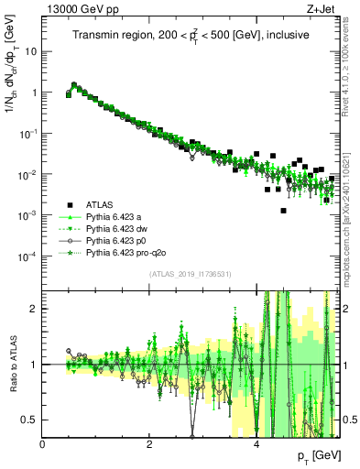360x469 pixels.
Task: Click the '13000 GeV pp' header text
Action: (74, 9)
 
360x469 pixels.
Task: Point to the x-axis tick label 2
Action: (149, 444)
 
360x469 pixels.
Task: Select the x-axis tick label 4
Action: (256, 444)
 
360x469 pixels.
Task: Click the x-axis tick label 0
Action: (43, 444)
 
